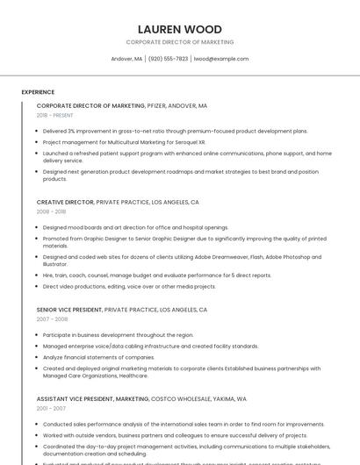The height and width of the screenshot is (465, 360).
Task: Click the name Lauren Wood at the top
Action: click(x=180, y=29)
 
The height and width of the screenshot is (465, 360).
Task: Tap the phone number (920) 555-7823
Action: click(x=168, y=59)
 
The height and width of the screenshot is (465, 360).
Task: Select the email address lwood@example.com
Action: click(x=221, y=59)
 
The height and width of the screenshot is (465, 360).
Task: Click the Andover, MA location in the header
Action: click(x=126, y=59)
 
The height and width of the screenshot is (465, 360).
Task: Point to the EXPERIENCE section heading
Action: click(x=38, y=92)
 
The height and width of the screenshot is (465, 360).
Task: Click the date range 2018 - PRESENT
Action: click(x=55, y=115)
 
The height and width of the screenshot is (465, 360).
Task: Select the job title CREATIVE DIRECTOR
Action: click(x=65, y=202)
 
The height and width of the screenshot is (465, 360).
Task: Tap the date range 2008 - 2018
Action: click(x=51, y=211)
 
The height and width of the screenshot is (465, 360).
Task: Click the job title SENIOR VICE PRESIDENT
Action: click(x=69, y=310)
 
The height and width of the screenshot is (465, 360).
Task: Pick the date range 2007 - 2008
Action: click(x=51, y=319)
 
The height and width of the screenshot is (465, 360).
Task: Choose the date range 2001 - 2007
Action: click(x=51, y=408)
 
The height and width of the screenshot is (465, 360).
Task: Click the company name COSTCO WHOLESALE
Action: click(x=180, y=398)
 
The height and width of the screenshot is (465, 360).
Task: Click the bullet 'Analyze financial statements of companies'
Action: click(x=98, y=357)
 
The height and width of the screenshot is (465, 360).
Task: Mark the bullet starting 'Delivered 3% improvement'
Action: click(x=175, y=131)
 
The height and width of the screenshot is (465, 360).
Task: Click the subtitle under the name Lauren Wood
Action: click(x=180, y=42)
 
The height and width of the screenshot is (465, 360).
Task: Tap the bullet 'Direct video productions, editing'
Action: click(x=129, y=286)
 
